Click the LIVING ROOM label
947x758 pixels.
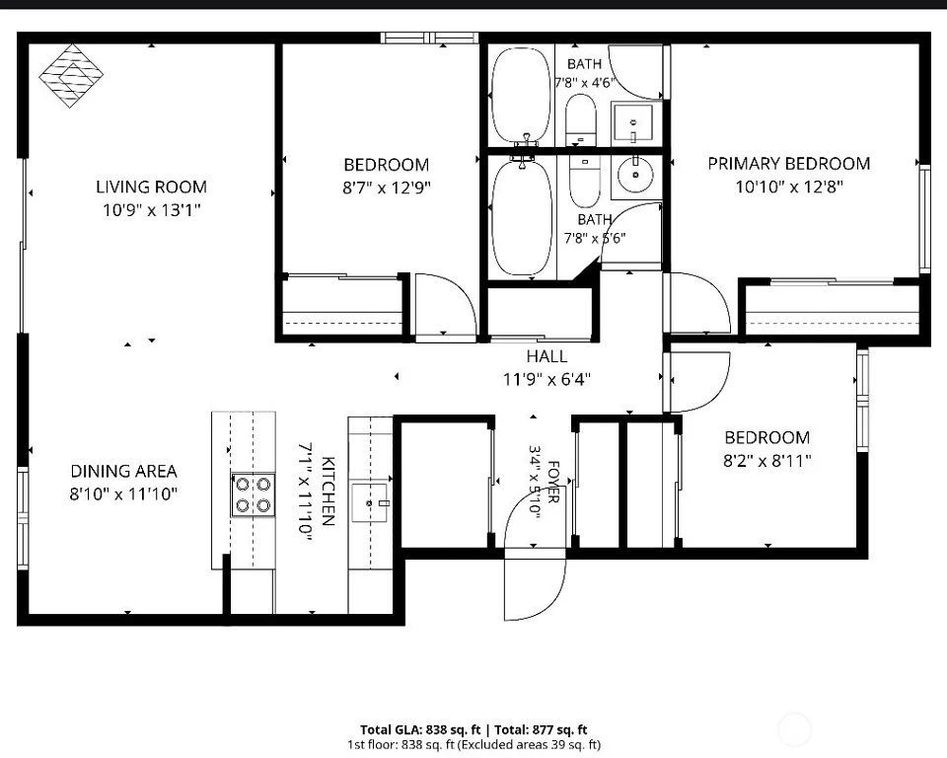pyautogui.click(x=151, y=187)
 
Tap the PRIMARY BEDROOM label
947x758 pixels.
pyautogui.click(x=789, y=164)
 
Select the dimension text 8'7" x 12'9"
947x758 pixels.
pyautogui.click(x=387, y=188)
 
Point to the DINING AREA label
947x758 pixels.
pyautogui.click(x=124, y=471)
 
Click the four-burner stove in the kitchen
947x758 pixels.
pyautogui.click(x=254, y=494)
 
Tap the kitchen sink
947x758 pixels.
pyautogui.click(x=370, y=502)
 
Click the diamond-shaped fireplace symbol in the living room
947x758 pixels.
pyautogui.click(x=71, y=76)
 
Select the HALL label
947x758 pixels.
pyautogui.click(x=546, y=356)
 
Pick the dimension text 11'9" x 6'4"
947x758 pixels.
pyautogui.click(x=546, y=380)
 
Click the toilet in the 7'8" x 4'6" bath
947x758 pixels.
pyautogui.click(x=581, y=119)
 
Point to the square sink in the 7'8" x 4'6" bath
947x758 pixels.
pyautogui.click(x=632, y=123)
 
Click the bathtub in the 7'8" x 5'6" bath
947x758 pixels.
pyautogui.click(x=523, y=217)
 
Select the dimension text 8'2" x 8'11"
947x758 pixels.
pyautogui.click(x=767, y=461)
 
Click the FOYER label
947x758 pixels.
pyautogui.click(x=553, y=482)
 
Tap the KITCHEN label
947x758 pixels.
pyautogui.click(x=328, y=491)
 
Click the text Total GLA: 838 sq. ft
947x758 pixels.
pyautogui.click(x=420, y=729)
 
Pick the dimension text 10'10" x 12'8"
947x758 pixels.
pyautogui.click(x=789, y=187)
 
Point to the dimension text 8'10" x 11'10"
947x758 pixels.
pyautogui.click(x=124, y=494)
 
